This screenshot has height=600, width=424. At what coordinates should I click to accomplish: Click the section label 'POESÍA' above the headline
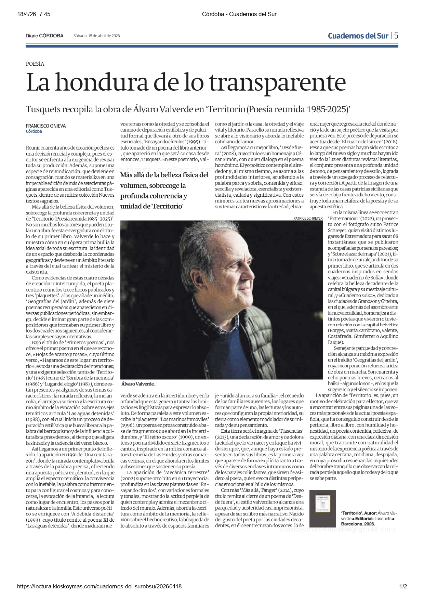tap(35, 64)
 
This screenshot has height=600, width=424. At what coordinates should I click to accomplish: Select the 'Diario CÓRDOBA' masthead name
tap(44, 36)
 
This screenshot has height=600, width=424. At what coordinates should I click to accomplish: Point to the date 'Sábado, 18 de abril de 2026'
tap(97, 36)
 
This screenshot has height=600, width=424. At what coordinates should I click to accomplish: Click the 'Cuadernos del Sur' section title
tap(358, 36)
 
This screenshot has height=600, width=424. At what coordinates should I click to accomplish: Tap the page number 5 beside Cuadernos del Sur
tap(396, 36)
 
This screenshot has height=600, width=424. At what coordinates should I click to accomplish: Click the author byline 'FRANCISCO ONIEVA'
tap(46, 126)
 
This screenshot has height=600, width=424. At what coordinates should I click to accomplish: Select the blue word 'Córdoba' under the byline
tap(34, 131)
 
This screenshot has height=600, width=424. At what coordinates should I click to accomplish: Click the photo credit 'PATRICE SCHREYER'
tap(308, 218)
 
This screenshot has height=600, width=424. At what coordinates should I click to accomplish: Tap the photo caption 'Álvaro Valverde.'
tap(138, 384)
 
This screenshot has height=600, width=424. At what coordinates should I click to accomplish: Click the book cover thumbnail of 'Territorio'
tap(322, 508)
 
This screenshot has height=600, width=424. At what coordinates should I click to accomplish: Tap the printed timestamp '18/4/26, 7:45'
tap(34, 14)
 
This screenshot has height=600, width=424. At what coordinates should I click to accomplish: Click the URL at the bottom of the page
tap(99, 586)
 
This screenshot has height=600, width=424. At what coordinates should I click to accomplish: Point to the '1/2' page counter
tap(403, 586)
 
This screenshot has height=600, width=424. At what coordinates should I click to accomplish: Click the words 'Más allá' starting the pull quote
tap(133, 175)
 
